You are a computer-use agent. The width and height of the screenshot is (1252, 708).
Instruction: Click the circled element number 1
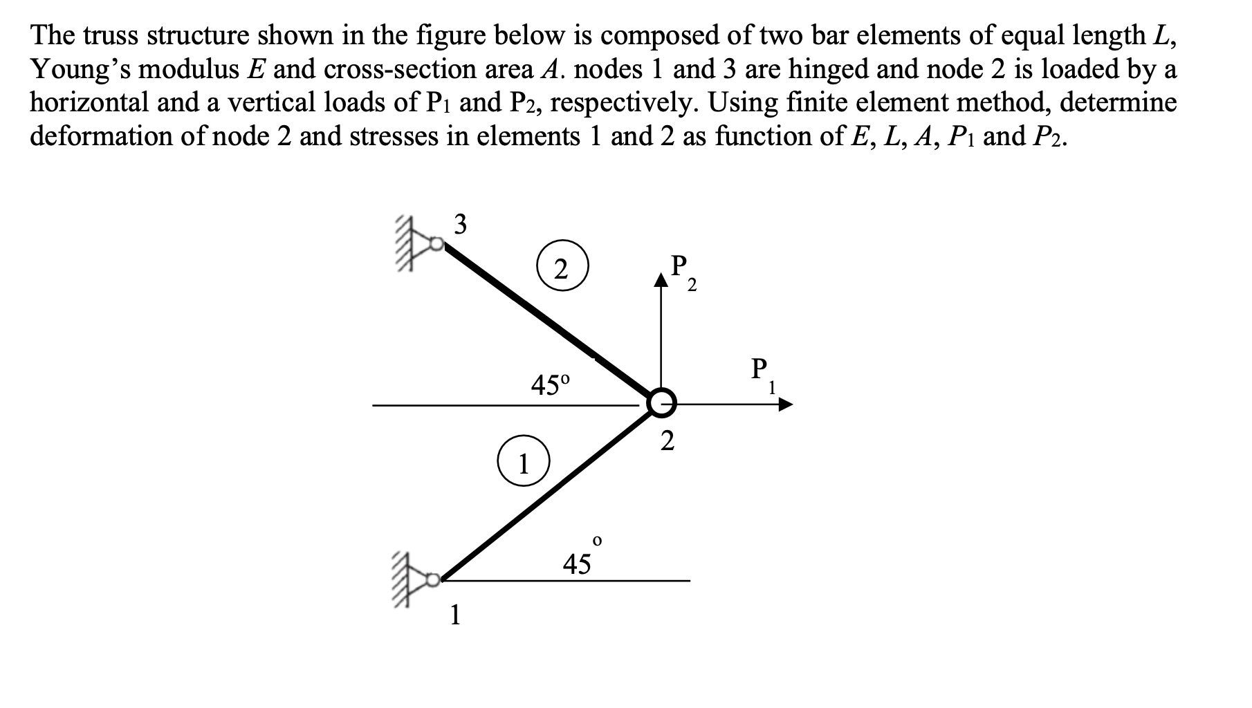click(x=524, y=463)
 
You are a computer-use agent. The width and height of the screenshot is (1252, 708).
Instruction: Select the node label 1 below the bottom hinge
click(x=454, y=614)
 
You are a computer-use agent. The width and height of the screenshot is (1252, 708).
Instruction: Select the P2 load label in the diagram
click(x=683, y=271)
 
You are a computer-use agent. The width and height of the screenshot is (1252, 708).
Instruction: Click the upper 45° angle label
click(x=551, y=384)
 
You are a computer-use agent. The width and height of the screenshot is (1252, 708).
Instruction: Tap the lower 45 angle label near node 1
click(x=580, y=561)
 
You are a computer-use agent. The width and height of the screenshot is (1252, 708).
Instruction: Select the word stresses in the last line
click(x=396, y=136)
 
